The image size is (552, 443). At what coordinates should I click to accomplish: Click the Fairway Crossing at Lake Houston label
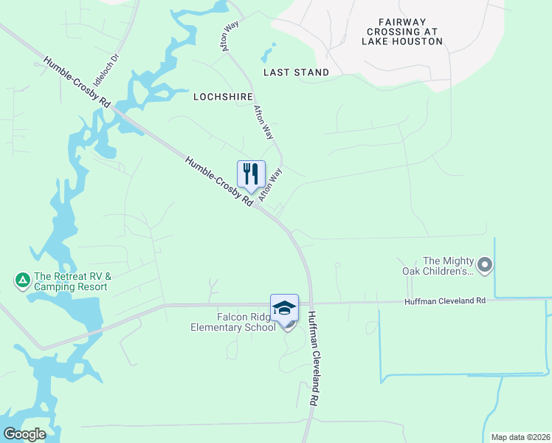[x=402, y=32]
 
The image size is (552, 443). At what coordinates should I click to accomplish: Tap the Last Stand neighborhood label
[x=296, y=72]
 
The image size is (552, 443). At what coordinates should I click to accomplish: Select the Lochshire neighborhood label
[x=218, y=97]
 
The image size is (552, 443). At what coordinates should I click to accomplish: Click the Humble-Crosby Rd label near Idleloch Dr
[x=77, y=82]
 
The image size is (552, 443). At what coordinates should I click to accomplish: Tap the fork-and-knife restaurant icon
[x=251, y=174]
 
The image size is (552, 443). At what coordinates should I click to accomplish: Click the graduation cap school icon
[x=284, y=308]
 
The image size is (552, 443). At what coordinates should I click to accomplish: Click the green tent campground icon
[x=22, y=280]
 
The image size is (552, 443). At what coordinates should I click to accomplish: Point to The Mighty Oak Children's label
[x=446, y=266]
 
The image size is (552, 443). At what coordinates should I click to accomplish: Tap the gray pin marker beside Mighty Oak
[x=484, y=264]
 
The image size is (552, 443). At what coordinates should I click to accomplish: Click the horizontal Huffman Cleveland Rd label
[x=445, y=301]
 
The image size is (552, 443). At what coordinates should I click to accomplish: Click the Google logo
[x=24, y=434]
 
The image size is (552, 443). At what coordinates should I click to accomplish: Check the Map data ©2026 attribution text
[x=520, y=437]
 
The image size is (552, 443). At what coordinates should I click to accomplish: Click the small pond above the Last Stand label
[x=267, y=54]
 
